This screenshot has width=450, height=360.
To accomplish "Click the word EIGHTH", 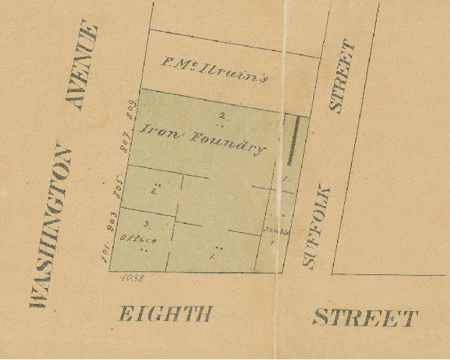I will click(x=166, y=315).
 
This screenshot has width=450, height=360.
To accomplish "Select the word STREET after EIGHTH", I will click(x=365, y=318).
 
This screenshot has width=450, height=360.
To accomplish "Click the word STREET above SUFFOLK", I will click(x=343, y=77).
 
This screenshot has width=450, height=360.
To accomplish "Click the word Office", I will click(x=137, y=238).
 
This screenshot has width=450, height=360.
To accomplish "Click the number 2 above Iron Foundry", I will click(x=222, y=115).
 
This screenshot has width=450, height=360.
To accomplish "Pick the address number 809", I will click(x=132, y=110).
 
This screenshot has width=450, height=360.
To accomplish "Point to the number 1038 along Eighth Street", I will click(x=134, y=277).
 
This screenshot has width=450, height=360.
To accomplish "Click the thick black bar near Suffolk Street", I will click(x=293, y=140).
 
